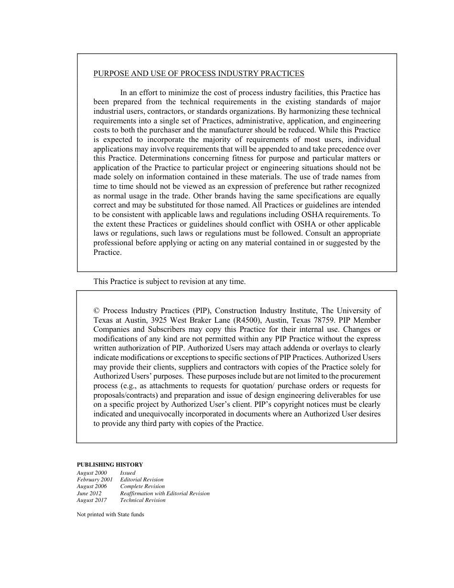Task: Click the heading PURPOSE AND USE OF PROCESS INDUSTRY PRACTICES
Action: [199, 74]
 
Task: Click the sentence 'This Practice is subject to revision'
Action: [170, 282]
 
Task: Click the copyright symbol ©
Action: [97, 311]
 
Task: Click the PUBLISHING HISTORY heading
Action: [110, 465]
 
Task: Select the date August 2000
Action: [92, 473]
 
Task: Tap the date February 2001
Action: [95, 479]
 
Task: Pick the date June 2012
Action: [89, 493]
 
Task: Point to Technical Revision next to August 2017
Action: [143, 501]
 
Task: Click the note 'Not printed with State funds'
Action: [110, 515]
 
